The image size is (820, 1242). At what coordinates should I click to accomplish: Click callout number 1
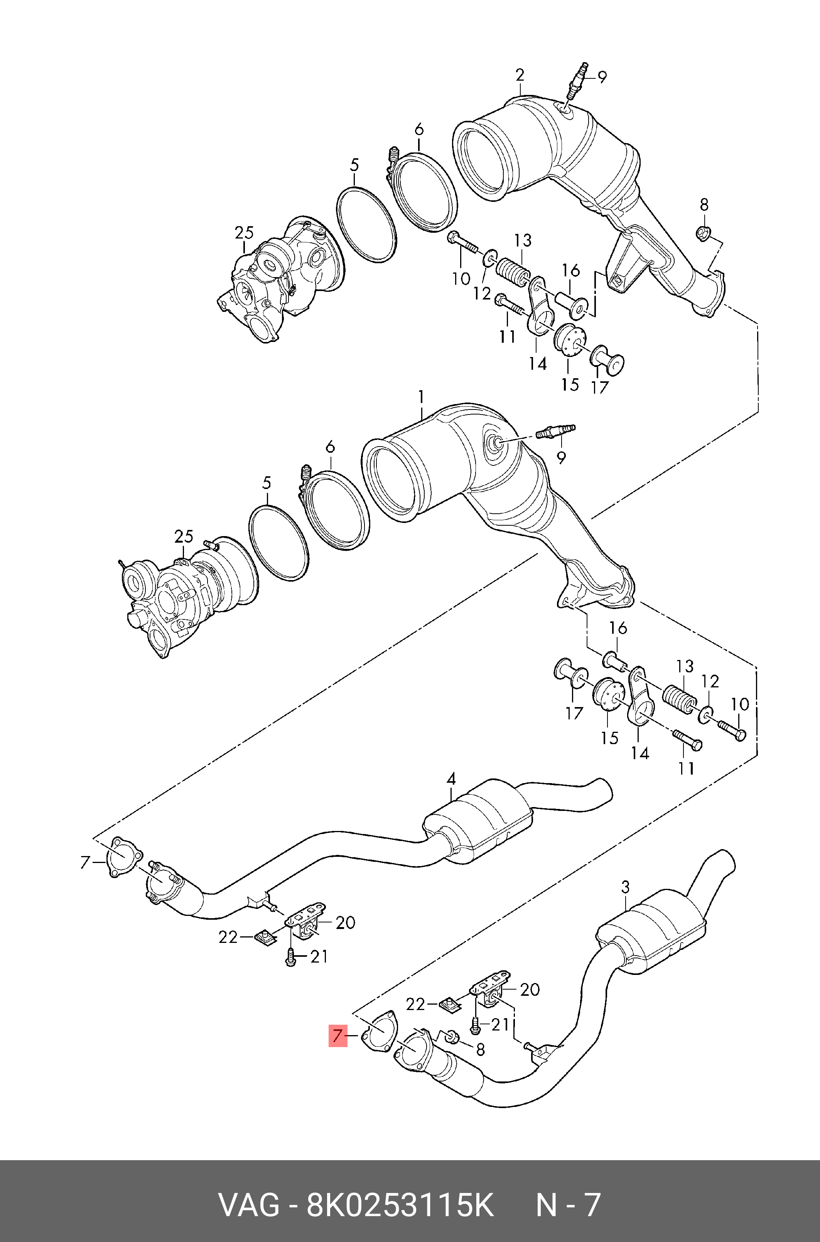[420, 398]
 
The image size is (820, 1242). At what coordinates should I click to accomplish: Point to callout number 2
[519, 75]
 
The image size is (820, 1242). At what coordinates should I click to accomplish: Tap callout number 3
[626, 887]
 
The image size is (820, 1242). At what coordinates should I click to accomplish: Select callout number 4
[451, 794]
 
